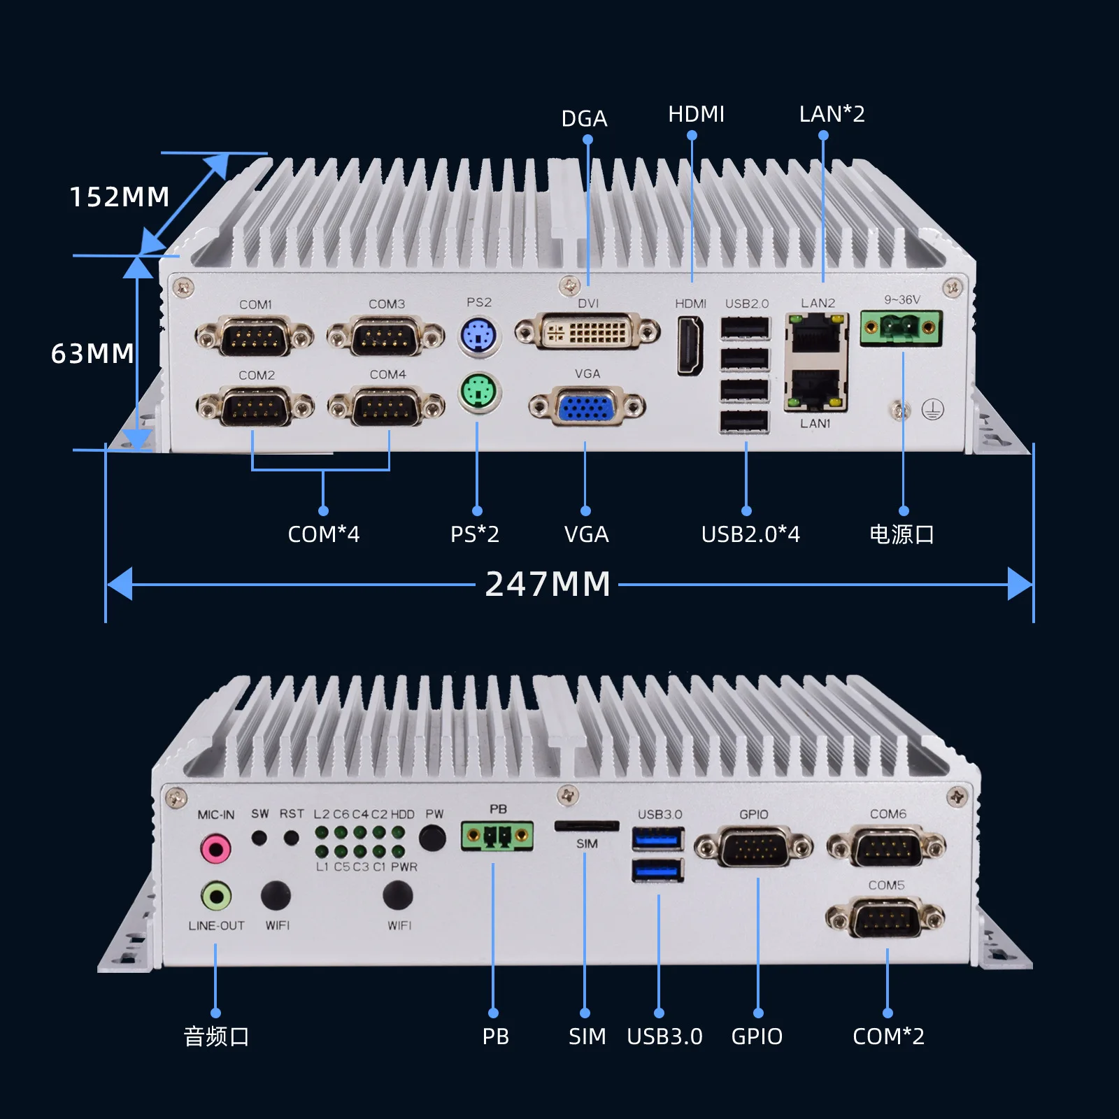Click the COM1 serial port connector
tap(255, 338)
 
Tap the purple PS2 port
tap(479, 336)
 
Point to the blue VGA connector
tap(587, 406)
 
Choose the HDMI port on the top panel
tap(690, 345)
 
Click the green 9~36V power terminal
tap(901, 327)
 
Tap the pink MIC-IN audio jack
tap(215, 849)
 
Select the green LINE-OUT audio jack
tap(216, 896)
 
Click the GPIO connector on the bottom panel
tap(753, 847)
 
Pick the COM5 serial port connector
tap(885, 917)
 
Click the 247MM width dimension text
tap(548, 584)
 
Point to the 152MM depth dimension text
tap(120, 197)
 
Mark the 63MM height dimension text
tap(92, 353)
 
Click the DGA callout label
tap(584, 118)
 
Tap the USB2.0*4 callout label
tap(750, 534)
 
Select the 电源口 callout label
tap(901, 534)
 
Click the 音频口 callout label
tap(216, 1036)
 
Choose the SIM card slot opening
tap(587, 826)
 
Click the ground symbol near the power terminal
tap(932, 409)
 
